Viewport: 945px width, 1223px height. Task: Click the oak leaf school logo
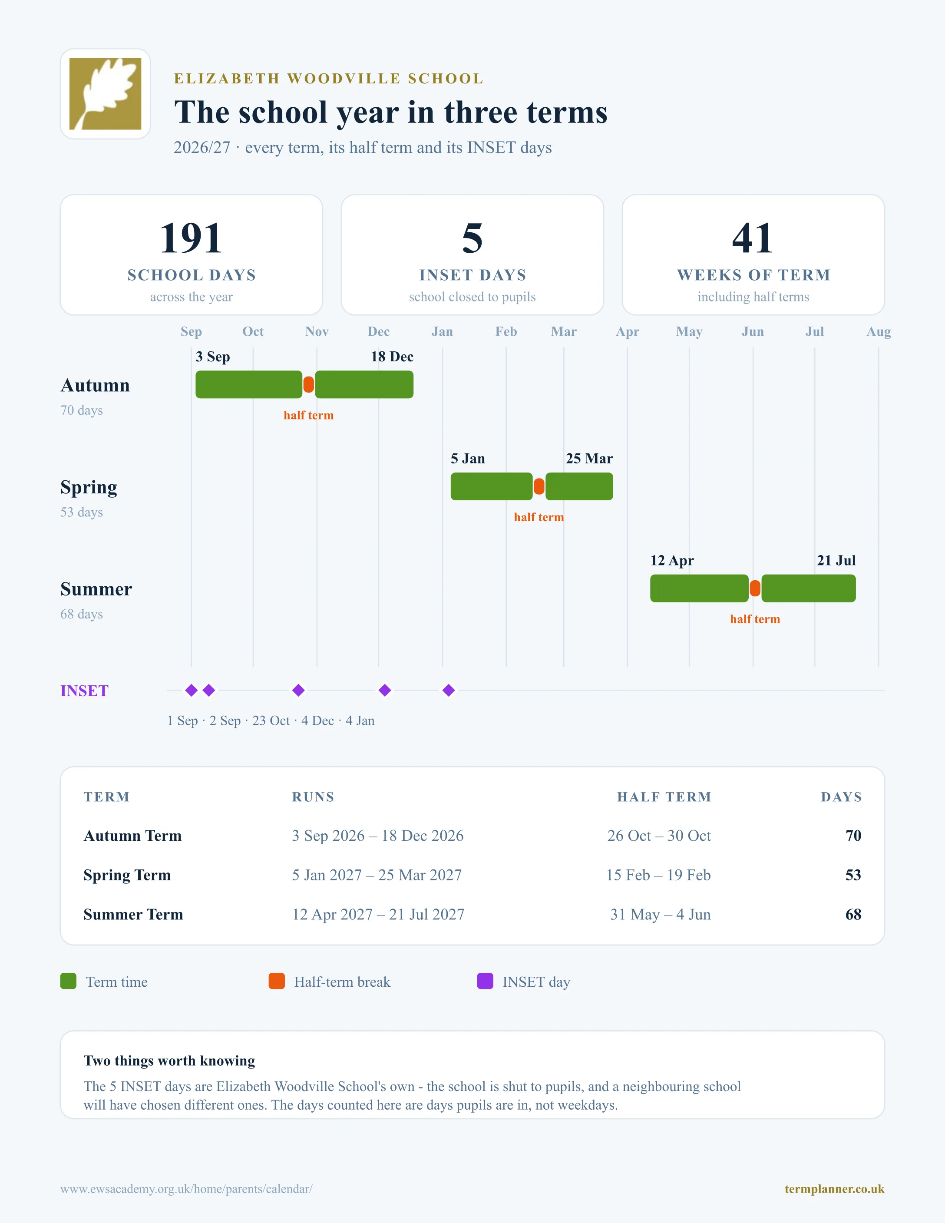click(x=105, y=93)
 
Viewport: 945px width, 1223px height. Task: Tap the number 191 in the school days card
click(x=191, y=238)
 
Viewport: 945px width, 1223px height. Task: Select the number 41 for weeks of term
click(x=753, y=238)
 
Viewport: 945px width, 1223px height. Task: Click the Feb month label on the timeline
click(x=506, y=331)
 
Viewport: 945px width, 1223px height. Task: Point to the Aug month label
click(x=879, y=331)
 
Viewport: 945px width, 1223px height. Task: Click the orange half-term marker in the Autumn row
click(x=308, y=385)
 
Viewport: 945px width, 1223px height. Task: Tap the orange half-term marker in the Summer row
click(x=755, y=588)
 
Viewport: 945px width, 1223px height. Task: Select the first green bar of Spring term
click(x=492, y=486)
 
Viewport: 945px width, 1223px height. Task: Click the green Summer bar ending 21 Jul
click(x=808, y=588)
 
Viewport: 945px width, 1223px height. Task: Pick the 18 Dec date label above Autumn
click(x=392, y=357)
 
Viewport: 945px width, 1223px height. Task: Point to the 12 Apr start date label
click(x=672, y=561)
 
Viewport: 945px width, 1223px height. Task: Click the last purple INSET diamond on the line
click(x=449, y=691)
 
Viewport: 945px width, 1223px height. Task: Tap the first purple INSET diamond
click(x=192, y=691)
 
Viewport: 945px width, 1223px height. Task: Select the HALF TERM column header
click(x=664, y=797)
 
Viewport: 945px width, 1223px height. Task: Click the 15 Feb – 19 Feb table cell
click(x=658, y=875)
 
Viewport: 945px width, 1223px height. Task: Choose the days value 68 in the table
click(x=853, y=915)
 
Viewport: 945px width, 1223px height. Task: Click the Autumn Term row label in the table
click(x=133, y=836)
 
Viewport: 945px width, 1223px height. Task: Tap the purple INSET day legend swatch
click(x=485, y=981)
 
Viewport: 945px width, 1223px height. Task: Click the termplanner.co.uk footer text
click(x=834, y=1189)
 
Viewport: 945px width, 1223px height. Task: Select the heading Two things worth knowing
click(x=169, y=1061)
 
